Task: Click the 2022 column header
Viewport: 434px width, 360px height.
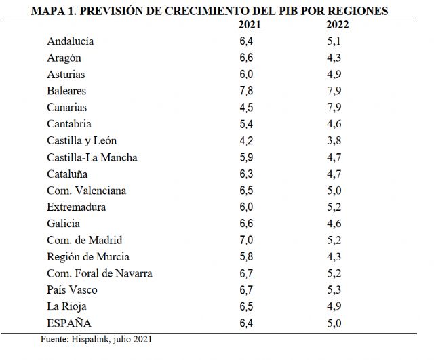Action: pyautogui.click(x=337, y=24)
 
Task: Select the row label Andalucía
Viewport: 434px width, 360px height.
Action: pyautogui.click(x=70, y=41)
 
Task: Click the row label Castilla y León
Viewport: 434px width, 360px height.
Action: pyautogui.click(x=81, y=140)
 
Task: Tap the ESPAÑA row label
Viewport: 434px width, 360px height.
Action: pyautogui.click(x=68, y=323)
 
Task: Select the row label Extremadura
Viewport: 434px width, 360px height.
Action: pyautogui.click(x=76, y=207)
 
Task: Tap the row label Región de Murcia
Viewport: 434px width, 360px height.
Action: pyautogui.click(x=88, y=257)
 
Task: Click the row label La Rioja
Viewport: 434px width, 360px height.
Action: pyautogui.click(x=66, y=306)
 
